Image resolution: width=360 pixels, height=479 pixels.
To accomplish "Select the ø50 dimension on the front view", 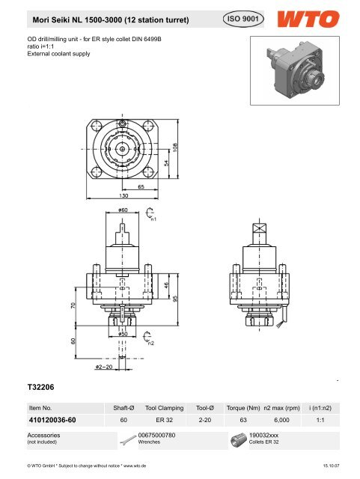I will point(120,333).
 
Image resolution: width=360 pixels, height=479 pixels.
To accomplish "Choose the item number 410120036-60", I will point(52,420).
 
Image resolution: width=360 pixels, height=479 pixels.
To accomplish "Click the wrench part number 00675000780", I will point(157,434).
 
